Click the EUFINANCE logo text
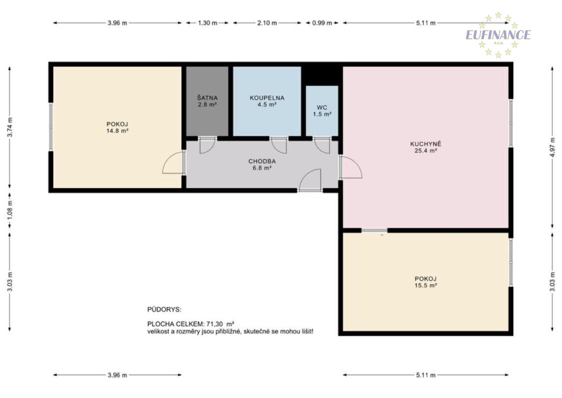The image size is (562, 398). coord(498,35)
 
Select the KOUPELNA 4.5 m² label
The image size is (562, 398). coord(267,101)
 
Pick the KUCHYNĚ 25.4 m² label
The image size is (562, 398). coord(425,147)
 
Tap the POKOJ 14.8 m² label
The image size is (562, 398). coord(117,127)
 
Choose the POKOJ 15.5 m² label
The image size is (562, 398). coord(425,282)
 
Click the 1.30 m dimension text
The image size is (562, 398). coord(208,23)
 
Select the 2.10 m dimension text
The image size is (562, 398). coord(267,23)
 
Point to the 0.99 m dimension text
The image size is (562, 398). coord(322,23)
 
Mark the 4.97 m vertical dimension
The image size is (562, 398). coord(552,147)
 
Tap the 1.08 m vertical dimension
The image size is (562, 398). coord(9,210)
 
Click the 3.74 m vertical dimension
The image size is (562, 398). coord(9,127)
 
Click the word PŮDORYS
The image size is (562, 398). coord(164,309)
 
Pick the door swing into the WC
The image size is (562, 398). coord(322,146)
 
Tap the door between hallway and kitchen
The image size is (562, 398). coord(351,167)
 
